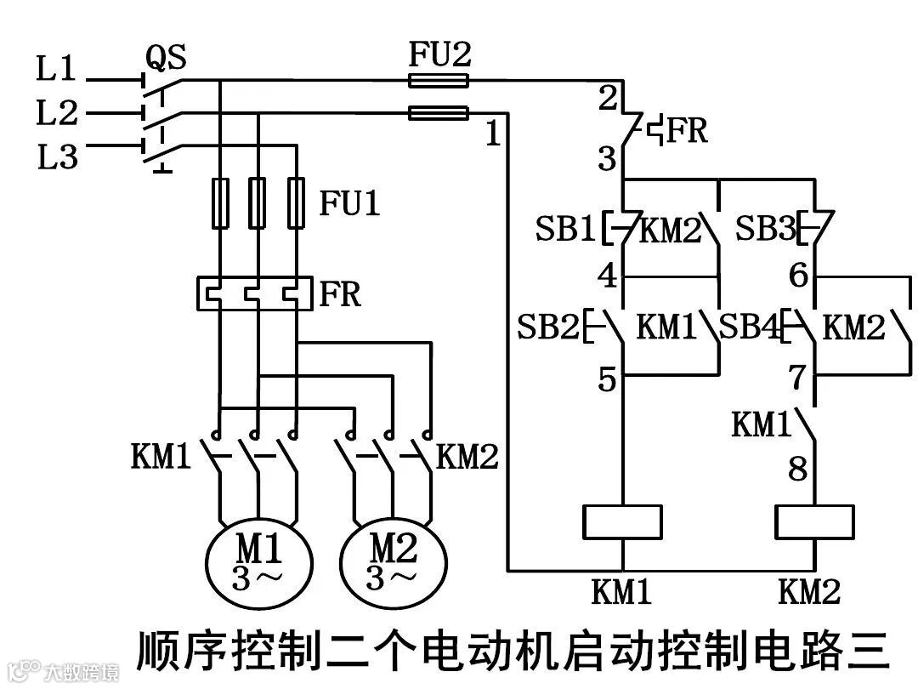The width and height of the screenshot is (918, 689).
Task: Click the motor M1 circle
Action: click(257, 561)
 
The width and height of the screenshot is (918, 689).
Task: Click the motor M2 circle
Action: click(392, 561)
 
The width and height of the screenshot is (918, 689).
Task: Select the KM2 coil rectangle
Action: click(814, 522)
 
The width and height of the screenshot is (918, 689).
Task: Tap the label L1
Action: click(56, 70)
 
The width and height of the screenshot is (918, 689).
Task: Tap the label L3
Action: click(56, 157)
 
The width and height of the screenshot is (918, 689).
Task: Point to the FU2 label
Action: click(439, 55)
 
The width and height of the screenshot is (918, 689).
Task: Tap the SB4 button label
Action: click(748, 327)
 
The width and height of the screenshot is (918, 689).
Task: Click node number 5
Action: click(606, 380)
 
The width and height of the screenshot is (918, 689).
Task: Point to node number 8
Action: click(797, 469)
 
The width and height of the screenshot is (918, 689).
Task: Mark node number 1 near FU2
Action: click(493, 134)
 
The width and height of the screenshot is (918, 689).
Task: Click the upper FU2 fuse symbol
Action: click(438, 81)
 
